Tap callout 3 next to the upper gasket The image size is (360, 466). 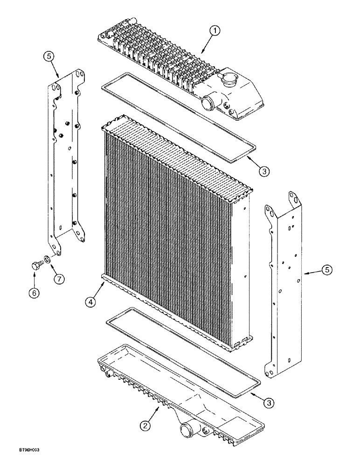coord(263,171)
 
